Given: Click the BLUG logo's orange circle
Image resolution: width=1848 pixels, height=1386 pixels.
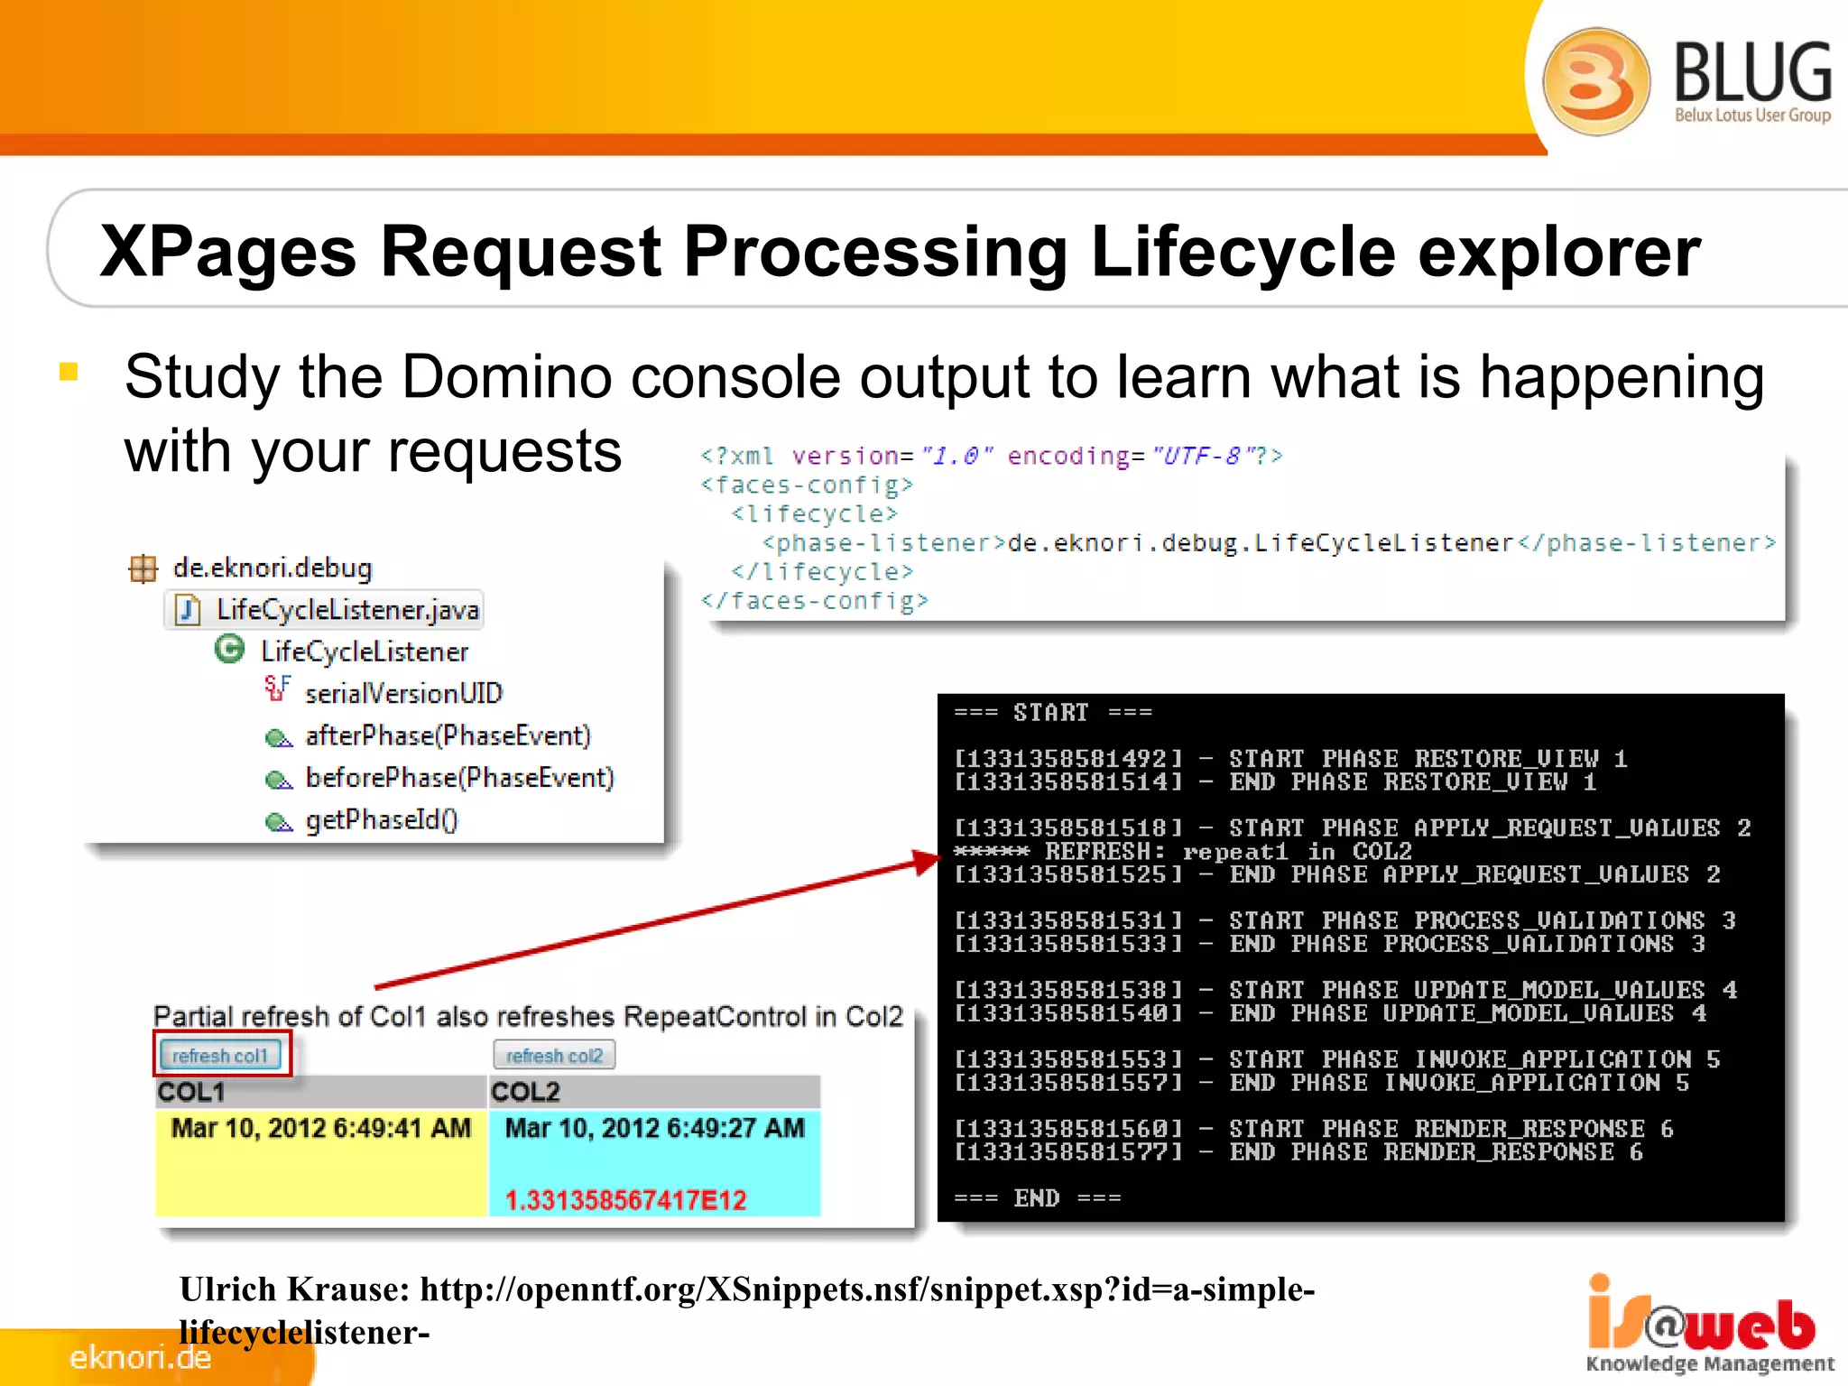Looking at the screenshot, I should click(x=1595, y=81).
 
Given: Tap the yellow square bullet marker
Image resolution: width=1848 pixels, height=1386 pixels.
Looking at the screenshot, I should click(x=69, y=372).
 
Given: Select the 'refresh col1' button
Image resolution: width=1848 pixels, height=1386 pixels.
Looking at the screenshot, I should click(x=220, y=1055).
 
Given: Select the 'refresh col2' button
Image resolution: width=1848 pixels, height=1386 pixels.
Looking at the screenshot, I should click(x=554, y=1055).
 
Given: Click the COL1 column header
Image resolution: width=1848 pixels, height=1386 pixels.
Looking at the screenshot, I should click(x=191, y=1092).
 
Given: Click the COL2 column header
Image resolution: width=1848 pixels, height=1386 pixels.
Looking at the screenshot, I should click(x=525, y=1092).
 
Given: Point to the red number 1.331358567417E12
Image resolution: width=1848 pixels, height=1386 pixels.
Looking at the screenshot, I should click(x=626, y=1200).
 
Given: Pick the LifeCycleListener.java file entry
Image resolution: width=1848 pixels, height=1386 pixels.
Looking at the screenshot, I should click(x=346, y=610).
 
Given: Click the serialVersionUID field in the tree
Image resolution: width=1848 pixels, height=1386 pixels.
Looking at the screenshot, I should click(x=403, y=693).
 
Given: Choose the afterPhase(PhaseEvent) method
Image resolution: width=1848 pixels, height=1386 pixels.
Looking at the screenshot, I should click(x=448, y=735).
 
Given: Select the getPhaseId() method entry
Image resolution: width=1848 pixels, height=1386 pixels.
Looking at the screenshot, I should click(x=382, y=819).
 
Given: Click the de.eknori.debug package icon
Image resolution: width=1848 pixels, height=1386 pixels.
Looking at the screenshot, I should click(x=143, y=568).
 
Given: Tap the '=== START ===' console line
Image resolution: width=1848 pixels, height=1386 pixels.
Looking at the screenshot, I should click(x=1053, y=713).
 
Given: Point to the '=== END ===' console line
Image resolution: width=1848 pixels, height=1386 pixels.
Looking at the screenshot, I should click(x=1037, y=1198).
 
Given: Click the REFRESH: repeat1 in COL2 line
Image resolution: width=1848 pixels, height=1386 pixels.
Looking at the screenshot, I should click(x=1182, y=851).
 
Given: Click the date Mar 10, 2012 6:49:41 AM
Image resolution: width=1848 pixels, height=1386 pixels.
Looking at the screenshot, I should click(x=321, y=1128).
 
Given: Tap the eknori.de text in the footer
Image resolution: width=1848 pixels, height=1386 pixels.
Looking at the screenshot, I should click(x=141, y=1357).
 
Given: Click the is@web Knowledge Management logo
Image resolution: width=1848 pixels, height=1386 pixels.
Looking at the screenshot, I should click(x=1708, y=1325).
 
